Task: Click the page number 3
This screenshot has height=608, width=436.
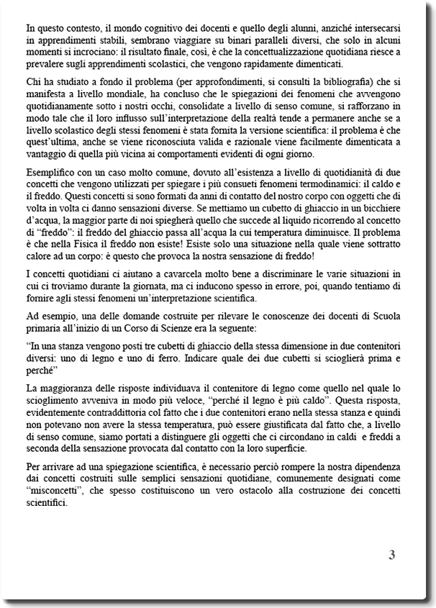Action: (x=391, y=555)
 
